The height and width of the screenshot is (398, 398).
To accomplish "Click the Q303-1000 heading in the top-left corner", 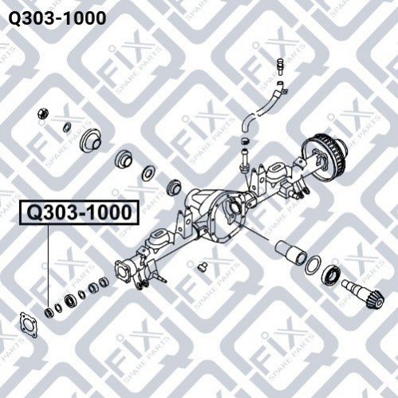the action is tap(57, 18).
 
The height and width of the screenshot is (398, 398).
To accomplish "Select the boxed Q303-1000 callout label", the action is tap(79, 212).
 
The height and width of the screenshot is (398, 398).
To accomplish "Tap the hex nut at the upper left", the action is tap(43, 114).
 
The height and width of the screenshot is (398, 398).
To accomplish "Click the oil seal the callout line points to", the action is tap(49, 312).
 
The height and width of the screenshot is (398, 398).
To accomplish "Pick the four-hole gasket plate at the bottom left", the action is tap(29, 325).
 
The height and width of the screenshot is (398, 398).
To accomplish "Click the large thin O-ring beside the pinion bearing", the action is tap(313, 264).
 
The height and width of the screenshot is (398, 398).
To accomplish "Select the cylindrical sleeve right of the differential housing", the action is tap(290, 252).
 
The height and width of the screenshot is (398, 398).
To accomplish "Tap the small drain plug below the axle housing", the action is tap(203, 266).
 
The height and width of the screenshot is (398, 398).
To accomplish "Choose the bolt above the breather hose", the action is tap(278, 66).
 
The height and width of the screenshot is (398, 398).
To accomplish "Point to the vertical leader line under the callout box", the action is tap(49, 266).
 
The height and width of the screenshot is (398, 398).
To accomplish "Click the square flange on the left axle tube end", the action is tap(123, 271).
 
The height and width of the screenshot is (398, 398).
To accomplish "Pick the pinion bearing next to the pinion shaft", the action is tap(330, 275).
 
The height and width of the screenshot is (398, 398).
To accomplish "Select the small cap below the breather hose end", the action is tap(246, 140).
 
